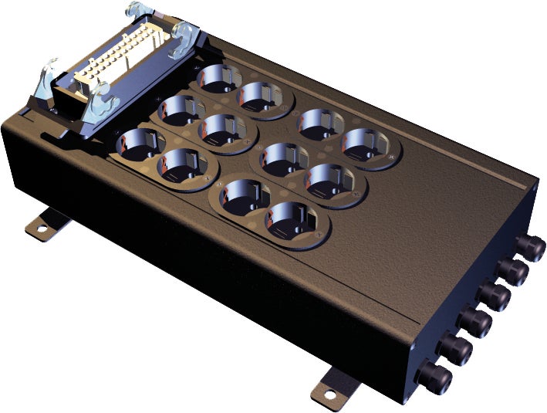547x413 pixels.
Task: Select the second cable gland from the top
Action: tap(512, 272)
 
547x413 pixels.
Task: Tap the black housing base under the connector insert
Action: tap(77, 116)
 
